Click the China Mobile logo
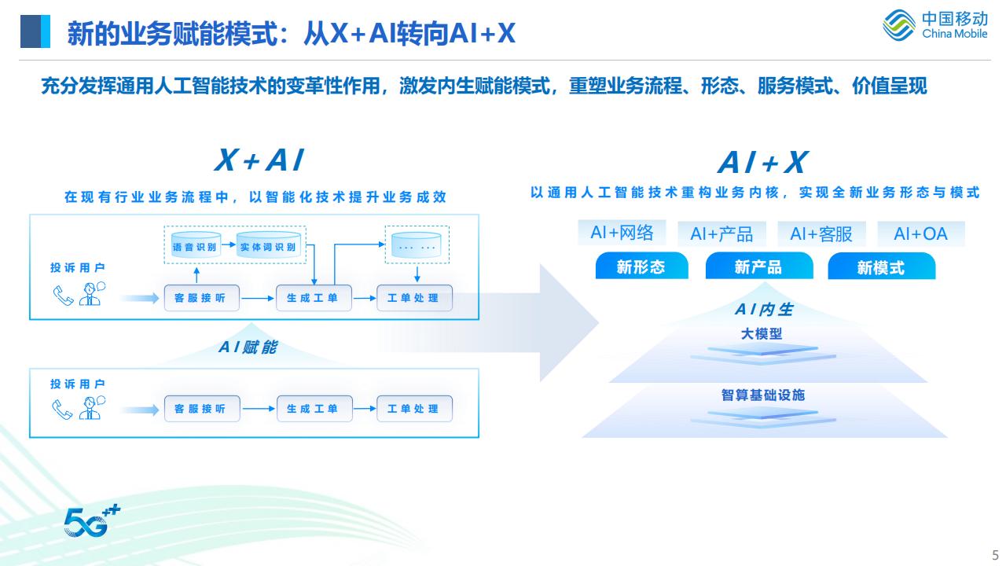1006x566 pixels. [934, 25]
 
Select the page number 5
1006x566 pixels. [996, 552]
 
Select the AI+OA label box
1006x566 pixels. [921, 233]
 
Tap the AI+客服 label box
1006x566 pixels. [821, 233]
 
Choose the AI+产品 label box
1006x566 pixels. [721, 233]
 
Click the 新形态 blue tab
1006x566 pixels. [641, 267]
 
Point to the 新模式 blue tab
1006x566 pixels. [881, 268]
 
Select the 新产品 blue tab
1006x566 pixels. [758, 267]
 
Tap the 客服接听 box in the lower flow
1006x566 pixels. [200, 409]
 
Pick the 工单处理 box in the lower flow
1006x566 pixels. [413, 409]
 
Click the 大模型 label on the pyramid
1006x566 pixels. [762, 334]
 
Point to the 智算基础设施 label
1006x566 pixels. [763, 395]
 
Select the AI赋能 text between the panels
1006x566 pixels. [248, 347]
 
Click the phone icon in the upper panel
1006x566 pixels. [63, 295]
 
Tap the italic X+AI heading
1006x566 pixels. [259, 160]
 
